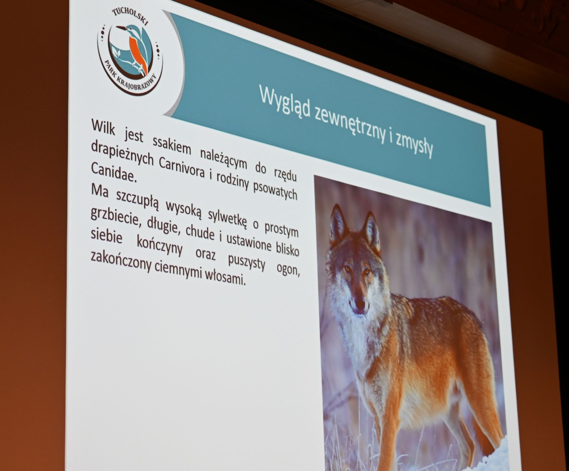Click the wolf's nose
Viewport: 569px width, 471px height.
pos(360,305)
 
